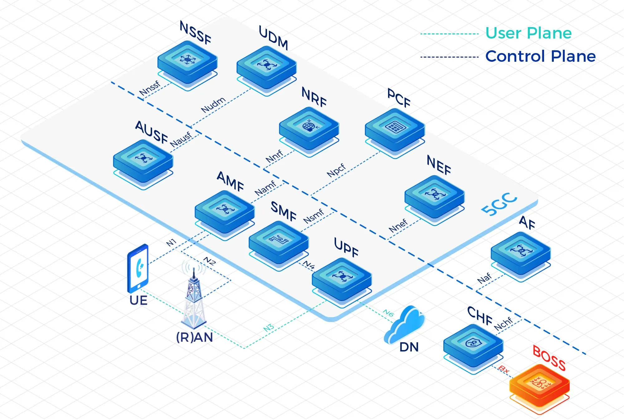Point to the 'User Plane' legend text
(x=528, y=33)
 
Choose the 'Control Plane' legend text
(x=540, y=56)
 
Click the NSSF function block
(x=187, y=62)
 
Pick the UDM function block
(x=266, y=68)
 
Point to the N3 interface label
(x=269, y=328)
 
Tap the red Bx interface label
(x=504, y=369)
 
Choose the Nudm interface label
(x=213, y=105)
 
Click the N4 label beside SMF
(x=309, y=265)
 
